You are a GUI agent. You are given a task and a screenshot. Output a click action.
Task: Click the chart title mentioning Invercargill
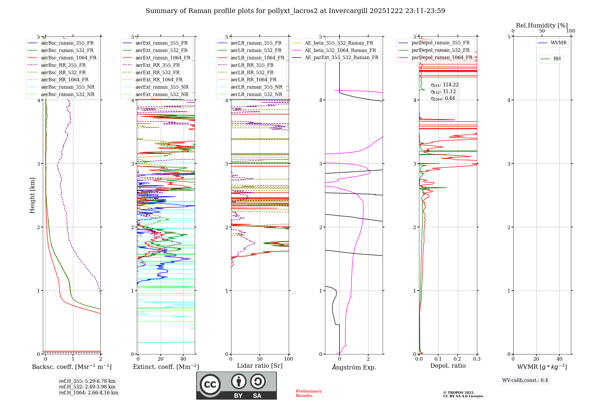pyautogui.click(x=295, y=11)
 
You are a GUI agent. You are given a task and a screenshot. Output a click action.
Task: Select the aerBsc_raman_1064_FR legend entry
pyautogui.click(x=69, y=58)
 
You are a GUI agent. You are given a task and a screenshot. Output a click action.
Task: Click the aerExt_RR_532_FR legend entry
pyautogui.click(x=157, y=72)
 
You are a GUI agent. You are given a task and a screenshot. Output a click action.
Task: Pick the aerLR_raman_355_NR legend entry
pyautogui.click(x=256, y=87)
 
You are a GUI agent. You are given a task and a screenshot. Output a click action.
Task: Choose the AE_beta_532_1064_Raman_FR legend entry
pyautogui.click(x=340, y=50)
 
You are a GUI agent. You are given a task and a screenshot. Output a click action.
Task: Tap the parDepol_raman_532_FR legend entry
pyautogui.click(x=440, y=50)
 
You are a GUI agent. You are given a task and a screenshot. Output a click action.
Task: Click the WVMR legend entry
pyautogui.click(x=558, y=43)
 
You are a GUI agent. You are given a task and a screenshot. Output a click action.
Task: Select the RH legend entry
pyautogui.click(x=557, y=59)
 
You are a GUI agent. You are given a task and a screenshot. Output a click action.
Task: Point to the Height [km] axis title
pyautogui.click(x=32, y=195)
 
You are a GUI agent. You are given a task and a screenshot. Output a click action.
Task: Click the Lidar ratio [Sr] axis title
pyautogui.click(x=260, y=366)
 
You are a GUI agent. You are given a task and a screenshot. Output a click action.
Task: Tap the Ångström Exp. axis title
pyautogui.click(x=354, y=367)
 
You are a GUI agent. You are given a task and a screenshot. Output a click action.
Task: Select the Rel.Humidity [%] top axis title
pyautogui.click(x=542, y=25)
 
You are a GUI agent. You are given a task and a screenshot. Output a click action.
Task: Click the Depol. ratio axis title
pyautogui.click(x=448, y=366)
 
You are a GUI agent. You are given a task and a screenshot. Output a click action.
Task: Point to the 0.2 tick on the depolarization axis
pyautogui.click(x=457, y=359)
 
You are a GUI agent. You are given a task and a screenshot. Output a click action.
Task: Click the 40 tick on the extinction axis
pyautogui.click(x=183, y=359)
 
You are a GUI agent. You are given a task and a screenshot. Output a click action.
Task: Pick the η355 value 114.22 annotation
pyautogui.click(x=444, y=85)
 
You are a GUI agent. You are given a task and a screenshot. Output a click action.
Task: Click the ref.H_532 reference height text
pyautogui.click(x=87, y=387)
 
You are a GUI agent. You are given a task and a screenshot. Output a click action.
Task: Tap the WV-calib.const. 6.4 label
pyautogui.click(x=525, y=380)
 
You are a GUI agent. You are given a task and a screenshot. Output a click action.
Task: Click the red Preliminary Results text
pyautogui.click(x=309, y=393)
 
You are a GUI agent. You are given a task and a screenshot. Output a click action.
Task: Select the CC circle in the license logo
pyautogui.click(x=210, y=384)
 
